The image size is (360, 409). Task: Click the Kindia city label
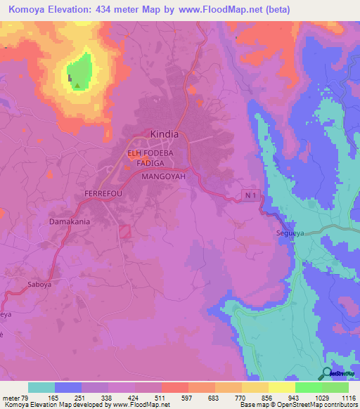(165, 133)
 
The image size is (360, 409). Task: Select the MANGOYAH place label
(163, 177)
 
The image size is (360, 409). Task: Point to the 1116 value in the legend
(348, 397)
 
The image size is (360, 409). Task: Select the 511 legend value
(160, 397)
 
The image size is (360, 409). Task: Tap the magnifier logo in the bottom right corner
(328, 374)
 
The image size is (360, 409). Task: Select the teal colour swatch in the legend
(41, 387)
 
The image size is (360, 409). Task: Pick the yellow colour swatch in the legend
(282, 387)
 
